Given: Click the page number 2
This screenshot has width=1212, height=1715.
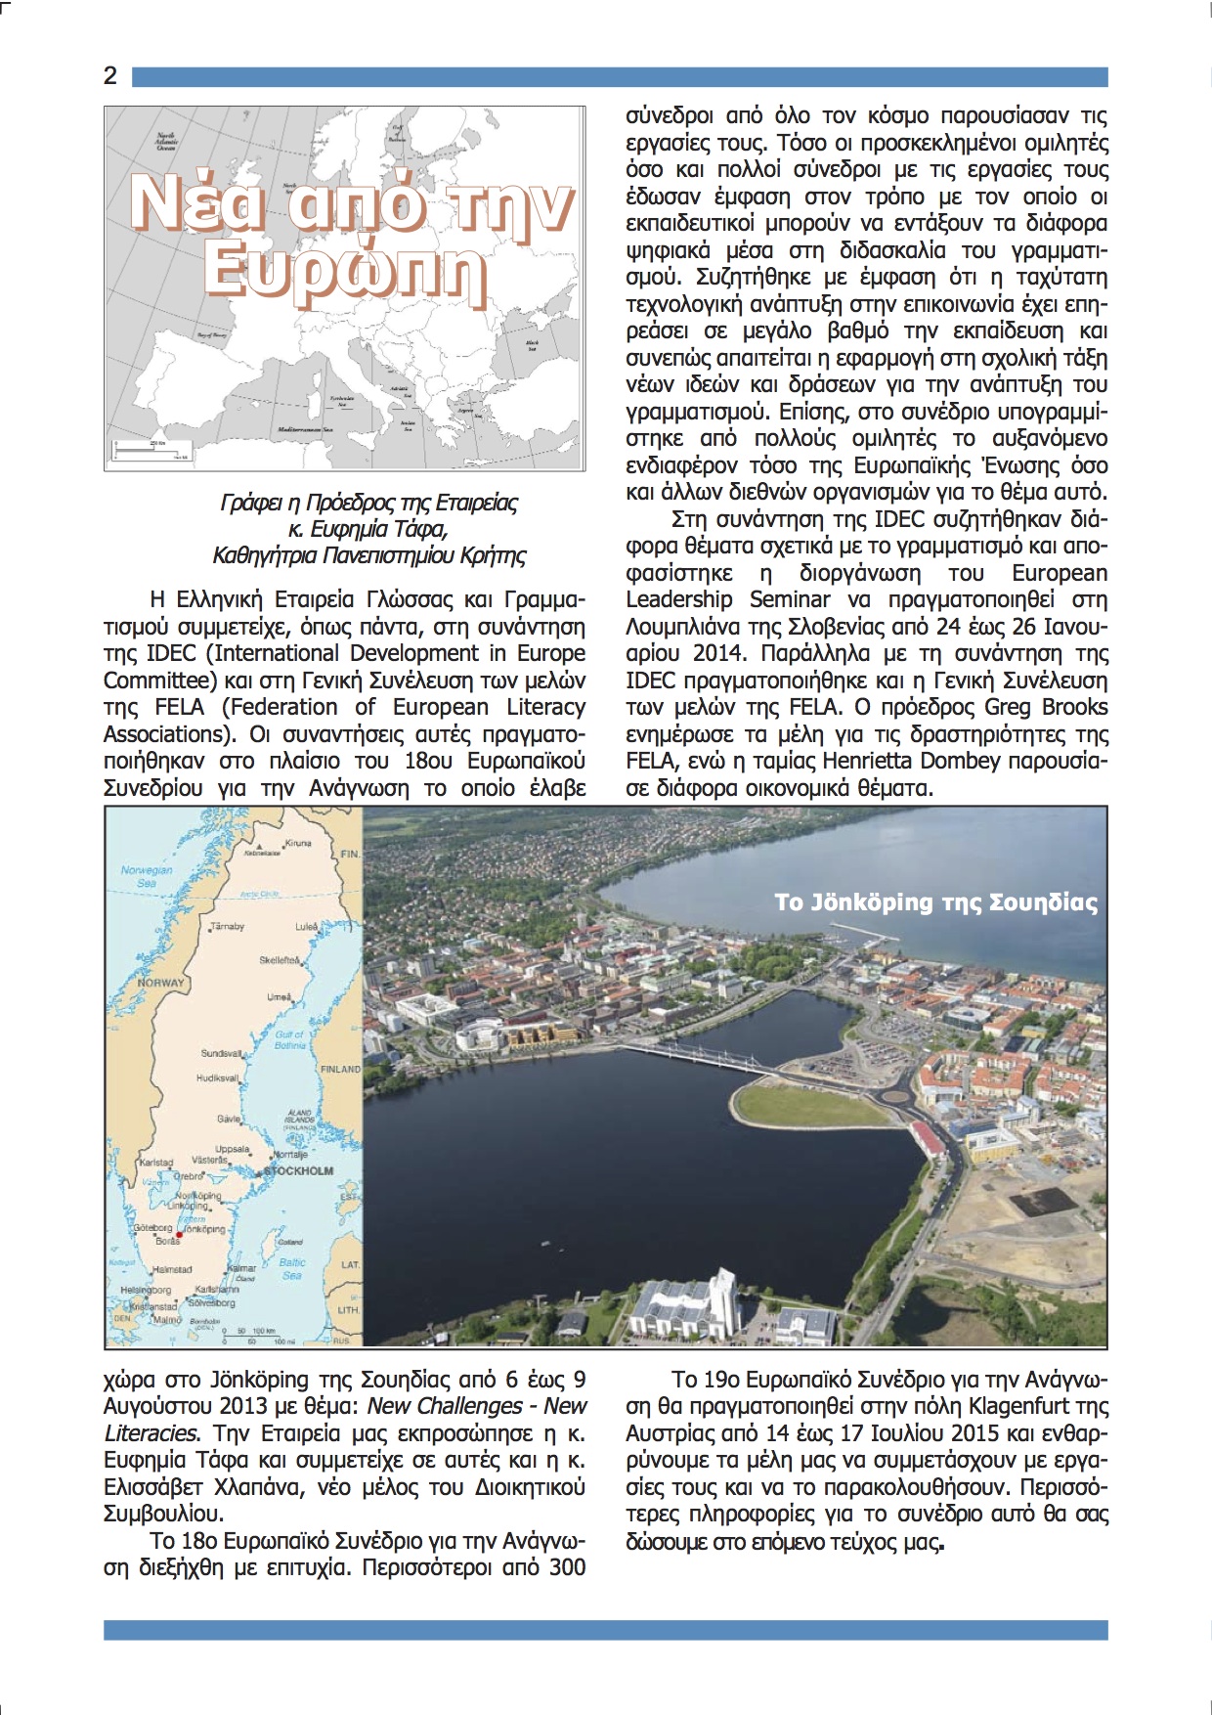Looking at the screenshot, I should click(x=110, y=76).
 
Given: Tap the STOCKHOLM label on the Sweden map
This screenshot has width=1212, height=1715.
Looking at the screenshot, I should click(x=298, y=1170).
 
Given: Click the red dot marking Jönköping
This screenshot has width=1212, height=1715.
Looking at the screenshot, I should click(x=179, y=1235).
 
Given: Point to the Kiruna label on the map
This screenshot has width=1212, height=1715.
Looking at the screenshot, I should click(x=297, y=843).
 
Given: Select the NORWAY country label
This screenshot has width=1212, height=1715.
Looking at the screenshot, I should click(x=160, y=983).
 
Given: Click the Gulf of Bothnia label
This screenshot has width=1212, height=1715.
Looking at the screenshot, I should click(x=290, y=1039).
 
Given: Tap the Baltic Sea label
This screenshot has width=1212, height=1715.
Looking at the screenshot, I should click(x=291, y=1268).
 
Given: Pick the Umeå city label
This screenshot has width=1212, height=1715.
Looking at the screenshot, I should click(x=280, y=997).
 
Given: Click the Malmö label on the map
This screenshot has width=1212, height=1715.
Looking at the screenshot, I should click(x=167, y=1319).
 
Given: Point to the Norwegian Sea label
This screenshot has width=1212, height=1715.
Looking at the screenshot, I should click(x=147, y=876).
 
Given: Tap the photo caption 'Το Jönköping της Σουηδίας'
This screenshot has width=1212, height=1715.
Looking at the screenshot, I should click(x=935, y=901).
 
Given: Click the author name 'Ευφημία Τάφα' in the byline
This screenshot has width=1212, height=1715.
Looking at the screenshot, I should click(x=377, y=529).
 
